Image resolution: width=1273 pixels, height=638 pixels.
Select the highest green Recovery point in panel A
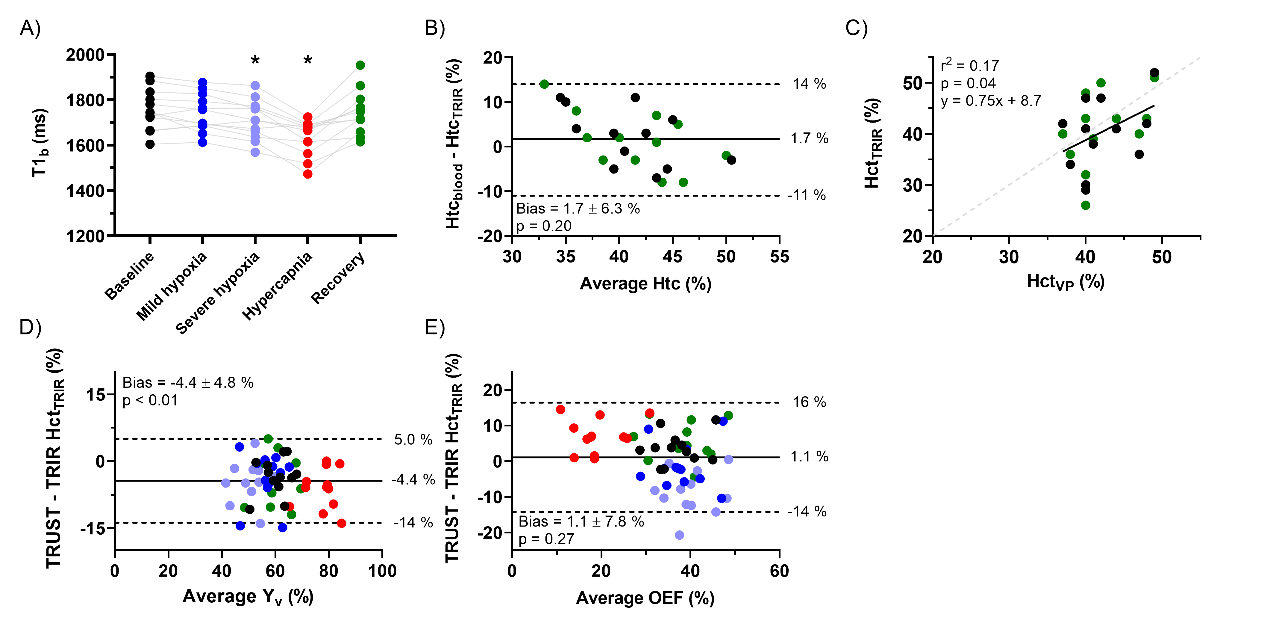coord(360,65)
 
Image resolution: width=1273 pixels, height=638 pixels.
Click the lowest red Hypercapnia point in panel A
coord(307,174)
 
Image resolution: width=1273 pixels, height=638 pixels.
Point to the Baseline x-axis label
coord(129,276)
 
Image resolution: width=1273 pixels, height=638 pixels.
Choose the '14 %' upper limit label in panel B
coord(809,84)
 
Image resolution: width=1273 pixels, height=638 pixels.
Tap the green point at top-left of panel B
coord(544,84)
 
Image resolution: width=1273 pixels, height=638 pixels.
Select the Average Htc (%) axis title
coord(645,284)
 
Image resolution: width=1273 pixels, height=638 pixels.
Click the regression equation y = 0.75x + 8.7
coord(990,101)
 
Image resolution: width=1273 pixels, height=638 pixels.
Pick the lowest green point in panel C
coord(1085,205)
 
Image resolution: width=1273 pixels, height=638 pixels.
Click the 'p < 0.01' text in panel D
coord(150,400)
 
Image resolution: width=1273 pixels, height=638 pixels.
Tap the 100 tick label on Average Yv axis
coord(382,571)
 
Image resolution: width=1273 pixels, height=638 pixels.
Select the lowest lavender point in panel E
coord(680,535)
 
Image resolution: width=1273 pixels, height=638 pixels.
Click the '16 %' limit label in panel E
coord(809,402)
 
